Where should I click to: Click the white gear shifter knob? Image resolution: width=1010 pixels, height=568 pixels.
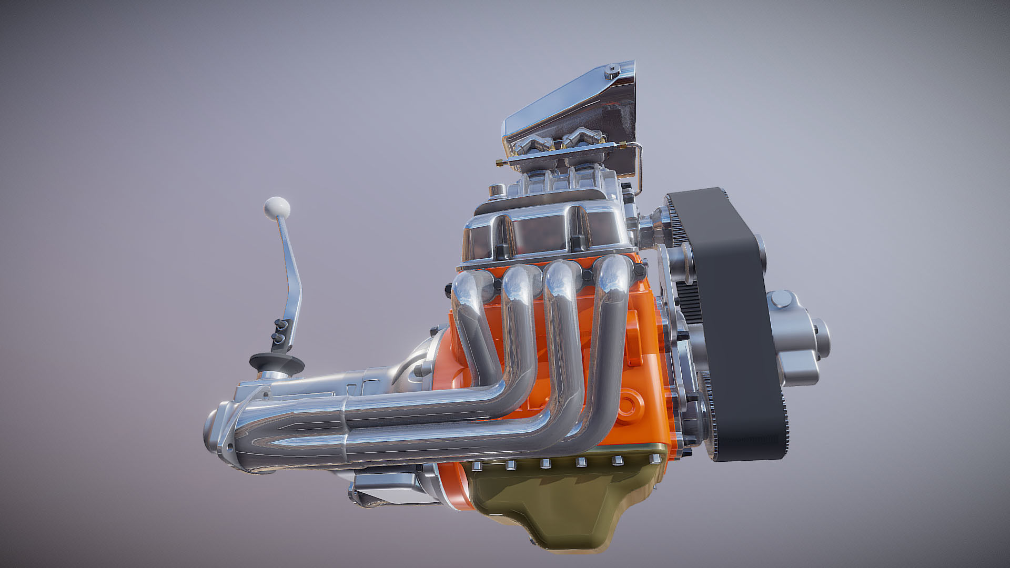point(277,207)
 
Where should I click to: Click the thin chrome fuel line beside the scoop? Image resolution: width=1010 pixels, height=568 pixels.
point(640,168)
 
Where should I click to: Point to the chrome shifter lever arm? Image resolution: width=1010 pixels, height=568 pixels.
point(290,273)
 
